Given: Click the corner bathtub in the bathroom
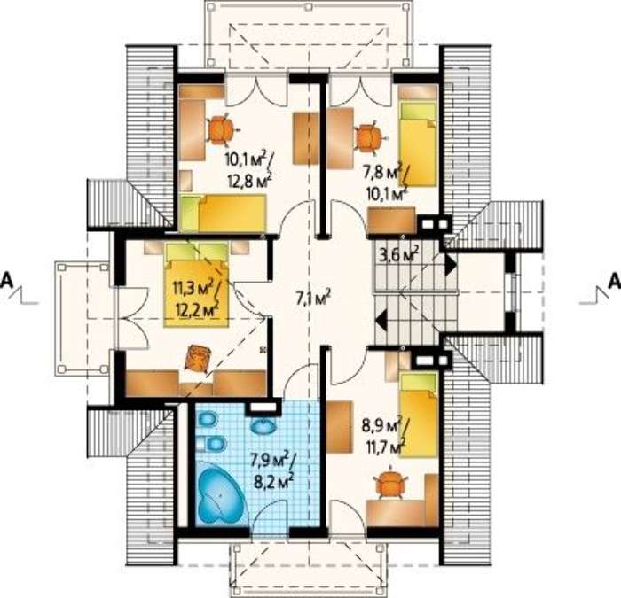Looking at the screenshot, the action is [x=220, y=493].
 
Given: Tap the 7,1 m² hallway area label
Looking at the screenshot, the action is [x=313, y=299].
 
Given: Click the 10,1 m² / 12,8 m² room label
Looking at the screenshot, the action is [x=248, y=170].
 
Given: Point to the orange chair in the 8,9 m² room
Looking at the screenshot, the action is [x=391, y=483].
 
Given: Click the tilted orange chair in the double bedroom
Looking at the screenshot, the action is [x=197, y=358].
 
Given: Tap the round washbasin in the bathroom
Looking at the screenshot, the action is [x=263, y=426].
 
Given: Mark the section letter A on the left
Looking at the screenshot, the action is [x=7, y=280].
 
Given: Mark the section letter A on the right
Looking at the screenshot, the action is [x=614, y=280].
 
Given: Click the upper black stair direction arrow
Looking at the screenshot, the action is [x=451, y=265].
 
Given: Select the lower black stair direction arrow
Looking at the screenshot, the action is [x=381, y=320].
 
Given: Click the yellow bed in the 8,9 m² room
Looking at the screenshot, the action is [x=419, y=414].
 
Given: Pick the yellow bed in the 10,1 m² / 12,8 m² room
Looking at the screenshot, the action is [x=223, y=213].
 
